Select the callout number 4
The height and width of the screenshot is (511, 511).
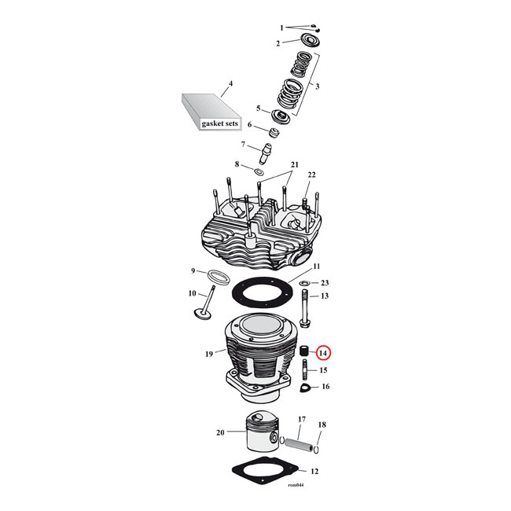coord(230,83)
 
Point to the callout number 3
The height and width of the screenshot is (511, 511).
coord(318,86)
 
